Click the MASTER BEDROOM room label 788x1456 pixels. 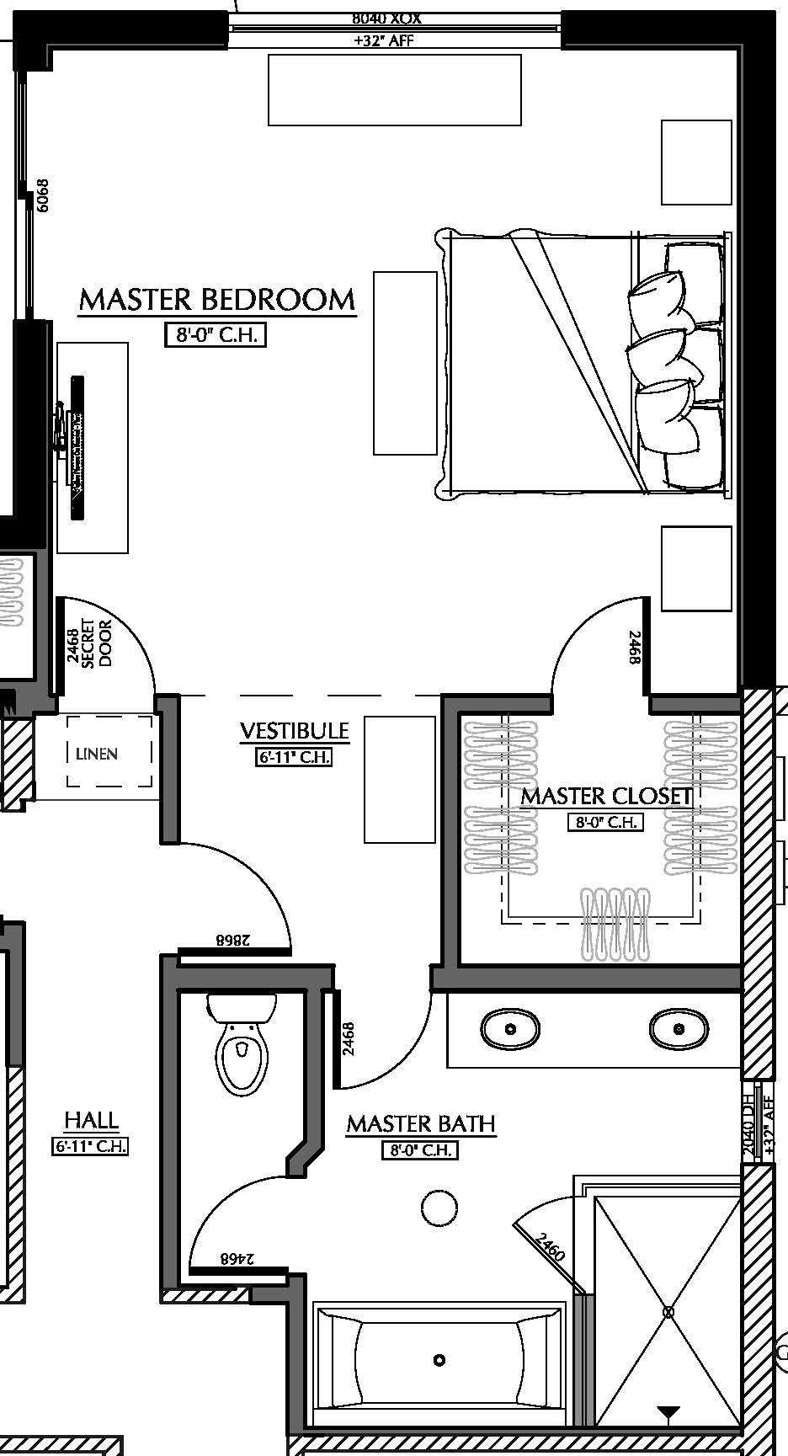217,300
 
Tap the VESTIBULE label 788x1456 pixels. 294,731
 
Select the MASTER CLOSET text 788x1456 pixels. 605,796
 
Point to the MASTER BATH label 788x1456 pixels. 420,1124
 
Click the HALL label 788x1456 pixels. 91,1120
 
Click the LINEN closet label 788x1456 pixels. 96,754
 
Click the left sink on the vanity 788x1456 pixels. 510,1029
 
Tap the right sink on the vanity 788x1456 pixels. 678,1029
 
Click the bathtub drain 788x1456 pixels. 439,1360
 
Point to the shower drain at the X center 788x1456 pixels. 668,1312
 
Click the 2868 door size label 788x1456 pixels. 235,940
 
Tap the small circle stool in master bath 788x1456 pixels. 439,1209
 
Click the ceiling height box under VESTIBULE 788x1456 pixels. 294,757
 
